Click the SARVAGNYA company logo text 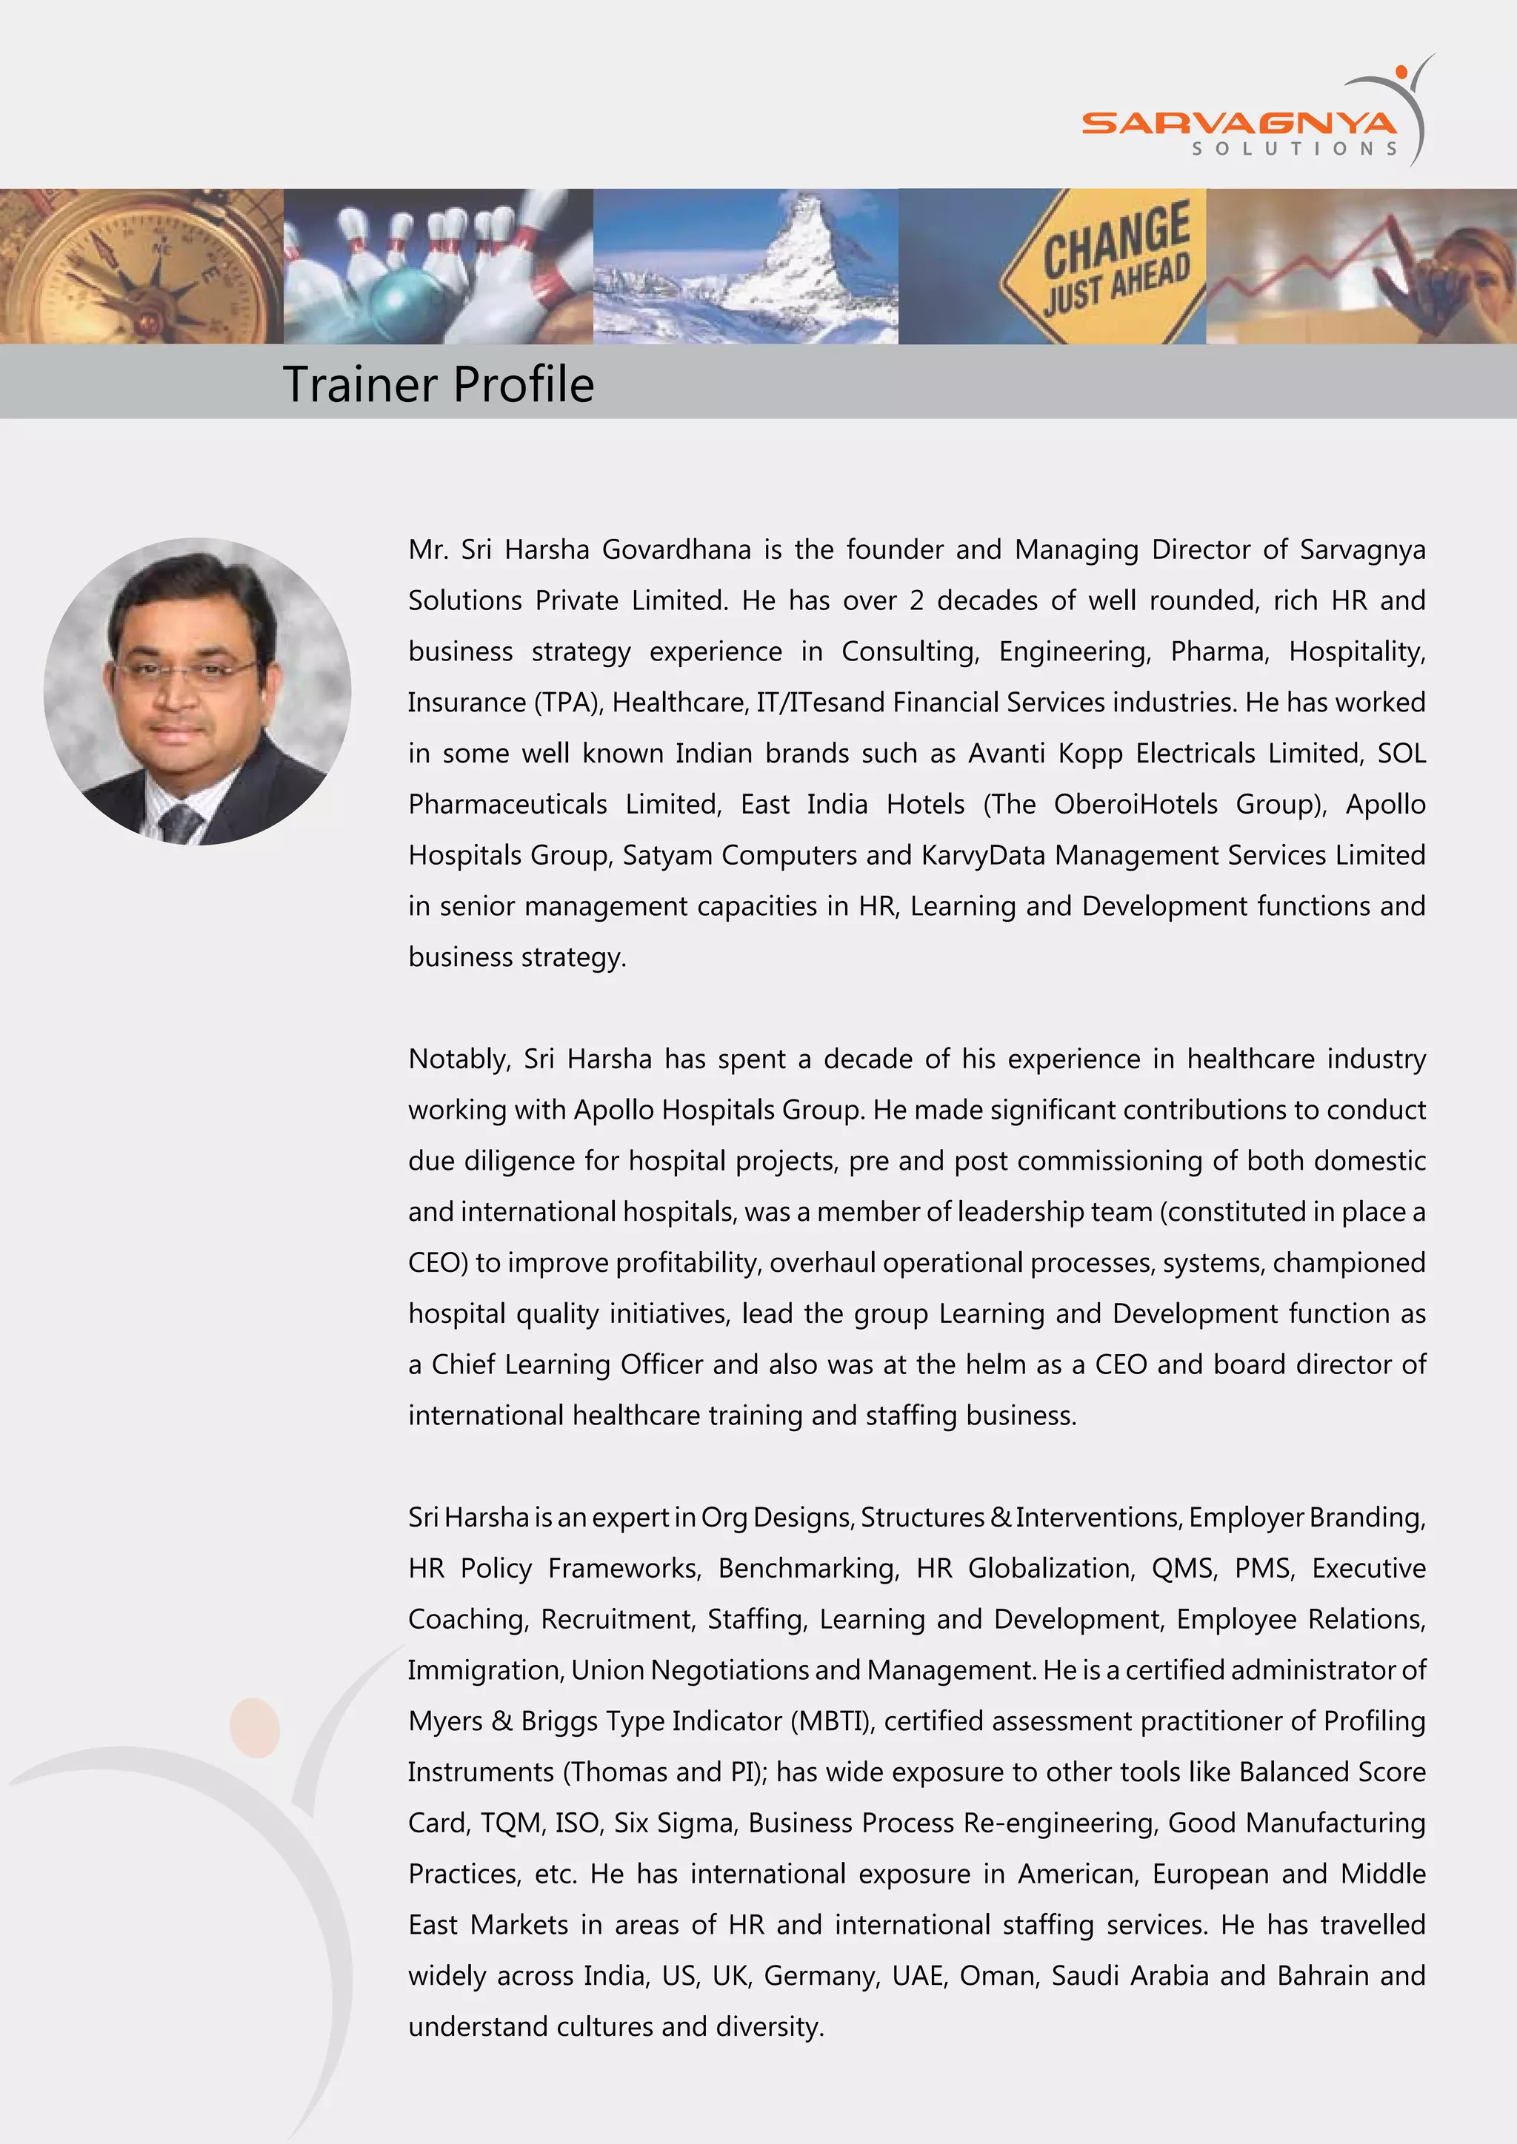(1238, 123)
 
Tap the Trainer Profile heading (438, 383)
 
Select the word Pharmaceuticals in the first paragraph (507, 804)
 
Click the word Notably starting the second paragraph (459, 1059)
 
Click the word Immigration (486, 1669)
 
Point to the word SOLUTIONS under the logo (1294, 149)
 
